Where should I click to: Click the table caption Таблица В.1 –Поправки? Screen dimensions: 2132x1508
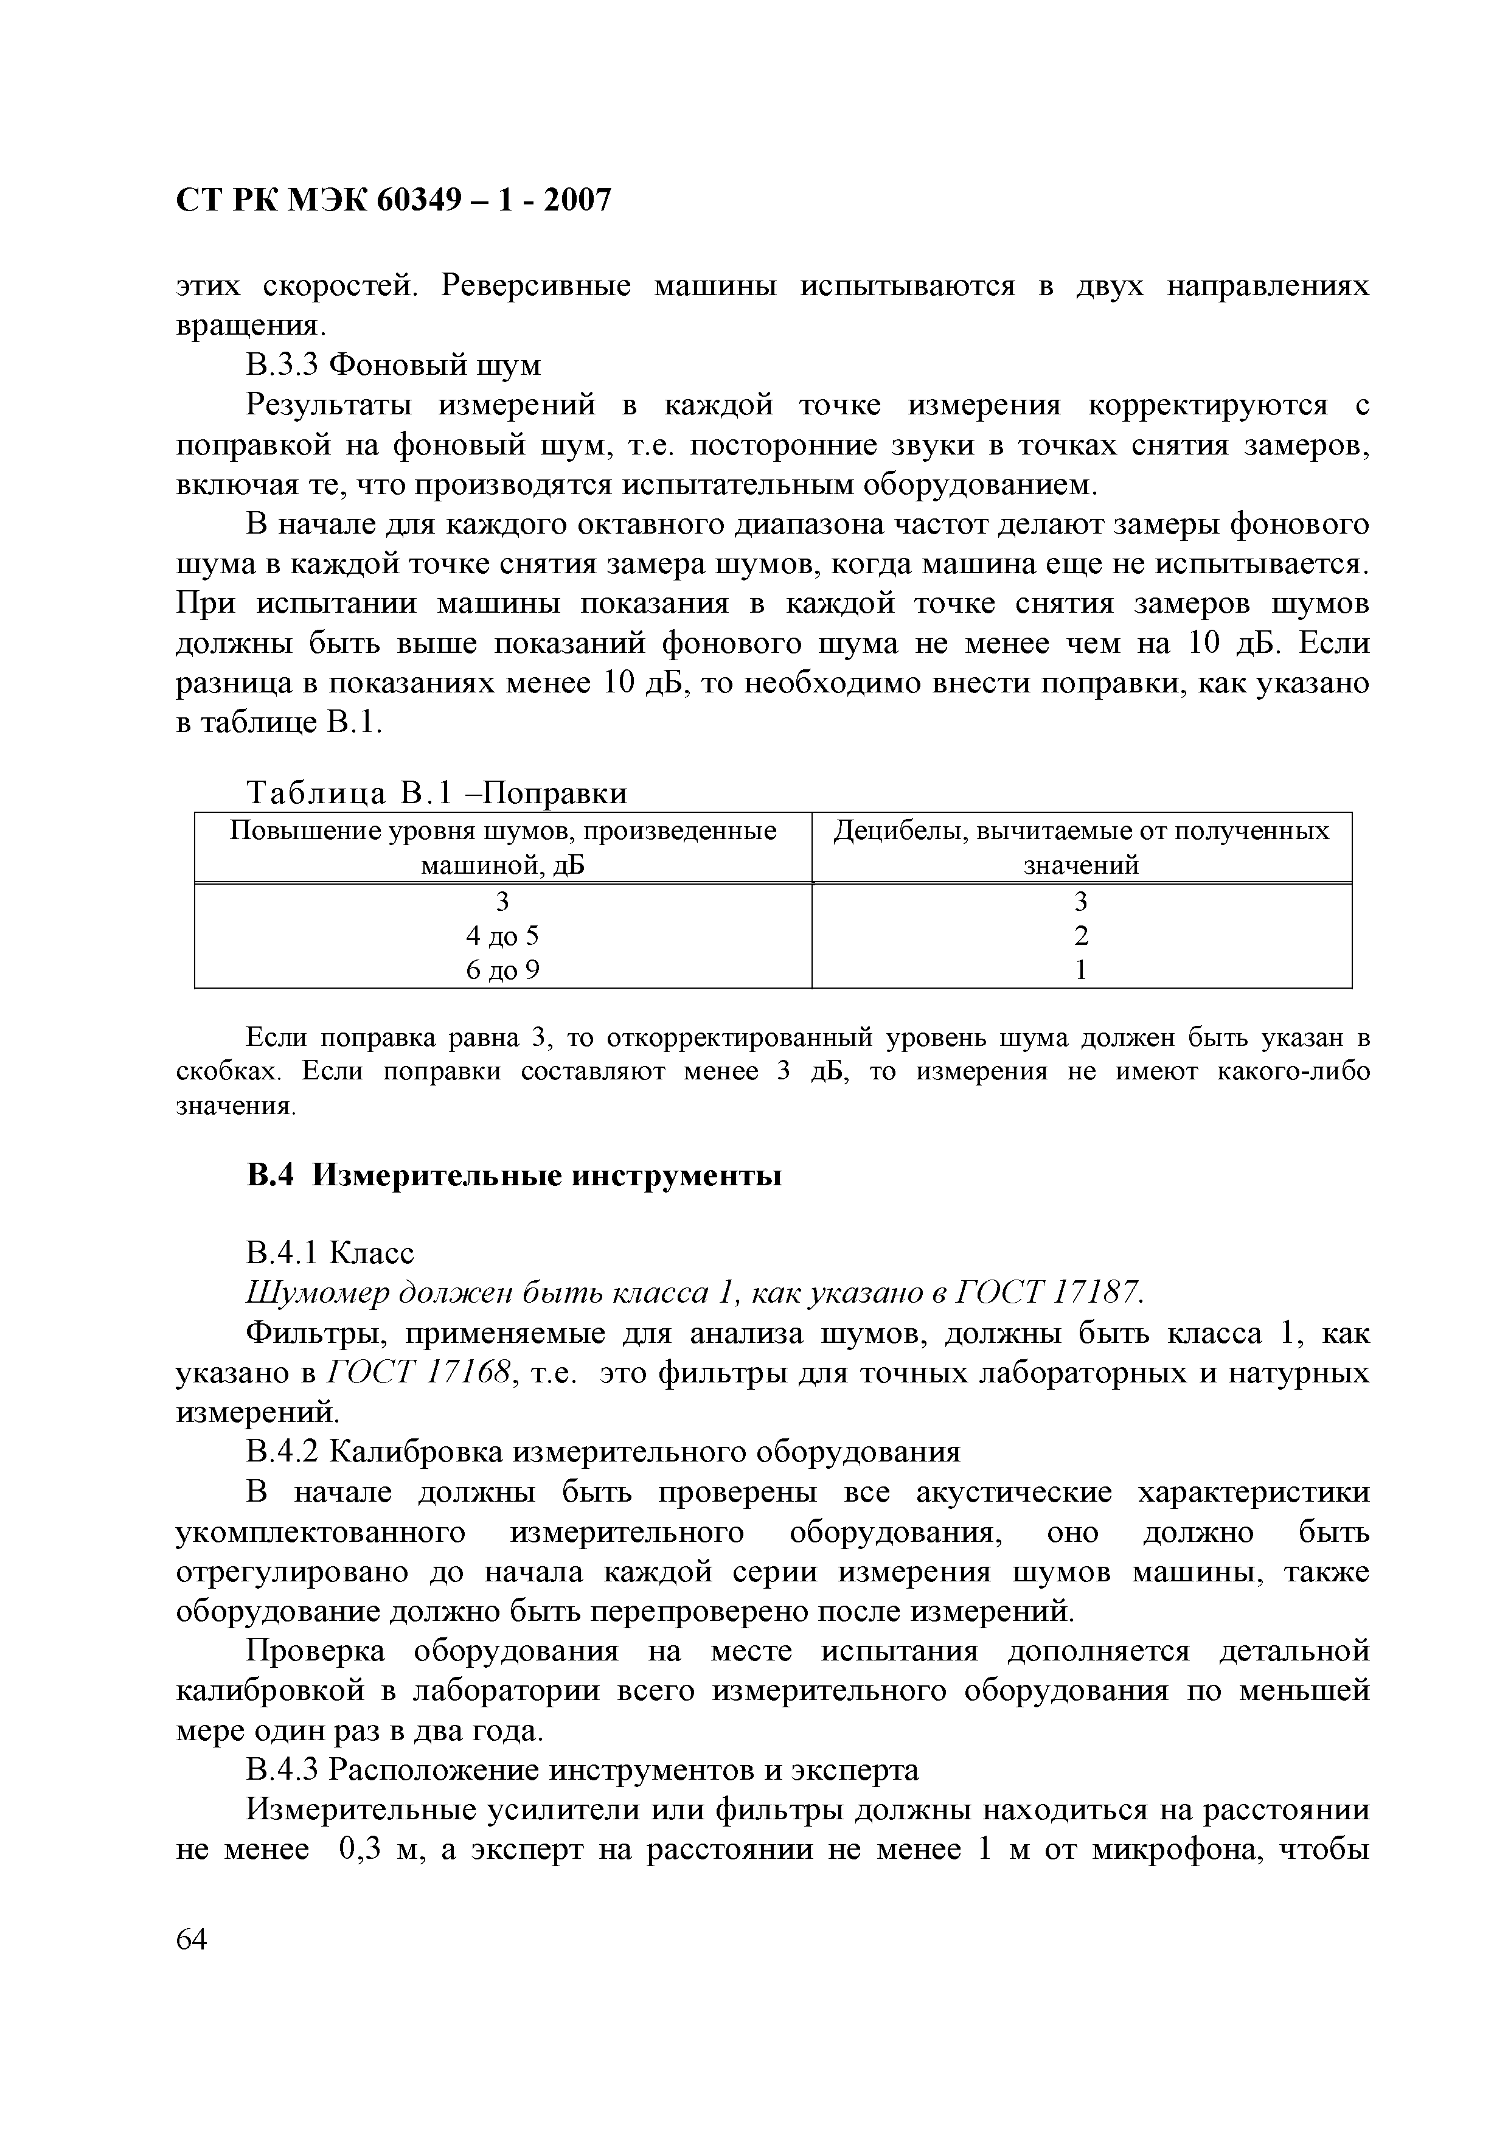pos(436,793)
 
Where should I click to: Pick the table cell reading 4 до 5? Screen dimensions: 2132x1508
pos(502,936)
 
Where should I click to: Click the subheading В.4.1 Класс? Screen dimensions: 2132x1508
pos(330,1253)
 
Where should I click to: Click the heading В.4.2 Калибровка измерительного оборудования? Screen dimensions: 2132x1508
pos(603,1451)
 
